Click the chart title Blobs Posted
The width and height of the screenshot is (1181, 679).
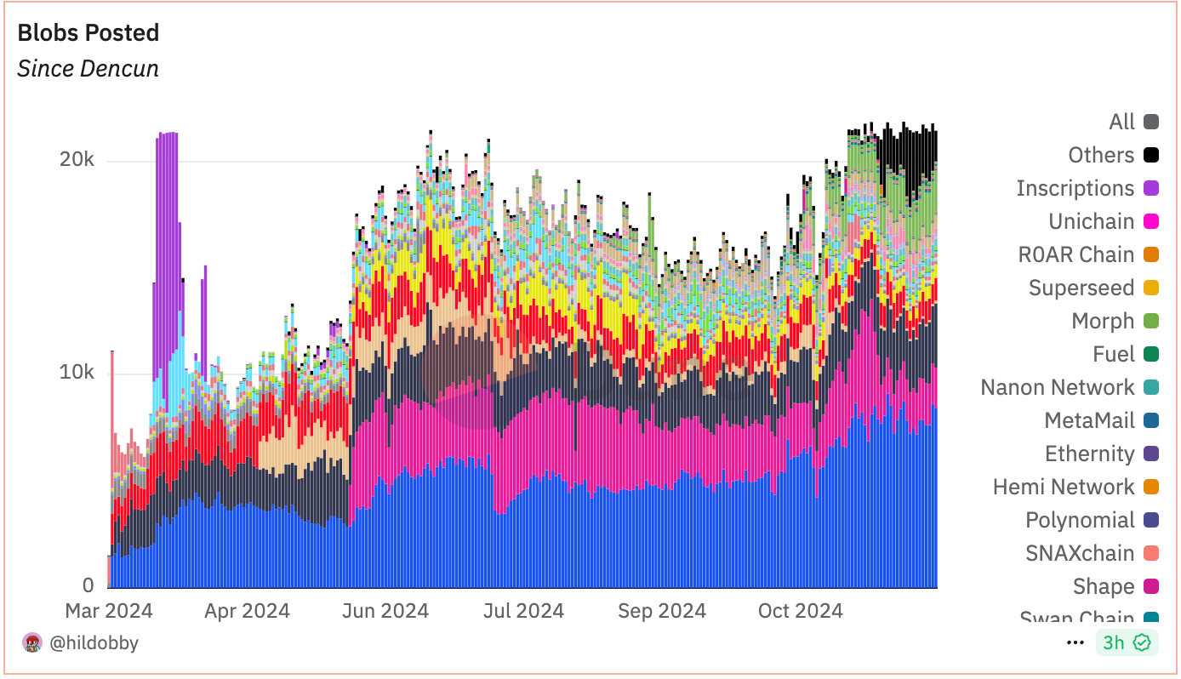[88, 33]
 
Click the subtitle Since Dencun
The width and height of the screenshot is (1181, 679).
[88, 69]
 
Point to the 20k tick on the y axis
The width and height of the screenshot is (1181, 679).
[77, 161]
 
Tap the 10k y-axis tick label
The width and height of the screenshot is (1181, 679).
[77, 374]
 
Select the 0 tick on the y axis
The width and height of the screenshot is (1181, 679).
[88, 586]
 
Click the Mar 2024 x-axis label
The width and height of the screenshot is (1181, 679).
[109, 611]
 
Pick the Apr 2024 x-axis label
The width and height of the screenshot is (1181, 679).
[247, 611]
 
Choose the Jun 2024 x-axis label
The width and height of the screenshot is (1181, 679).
[385, 611]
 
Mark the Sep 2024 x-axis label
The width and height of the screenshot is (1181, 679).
[662, 611]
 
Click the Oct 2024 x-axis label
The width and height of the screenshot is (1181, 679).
[800, 611]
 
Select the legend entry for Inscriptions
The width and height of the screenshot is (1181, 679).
[1075, 188]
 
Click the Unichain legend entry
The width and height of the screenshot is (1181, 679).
[1091, 221]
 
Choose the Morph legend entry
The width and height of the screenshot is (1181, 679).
[1103, 321]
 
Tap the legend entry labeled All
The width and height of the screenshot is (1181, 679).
[1121, 122]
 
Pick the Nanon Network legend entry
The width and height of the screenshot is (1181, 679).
[1057, 387]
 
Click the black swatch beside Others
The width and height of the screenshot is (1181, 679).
[1151, 155]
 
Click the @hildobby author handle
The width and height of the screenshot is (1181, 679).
[94, 643]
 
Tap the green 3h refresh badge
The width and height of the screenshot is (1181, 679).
[1127, 642]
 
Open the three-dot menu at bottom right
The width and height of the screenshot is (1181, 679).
[1075, 642]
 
